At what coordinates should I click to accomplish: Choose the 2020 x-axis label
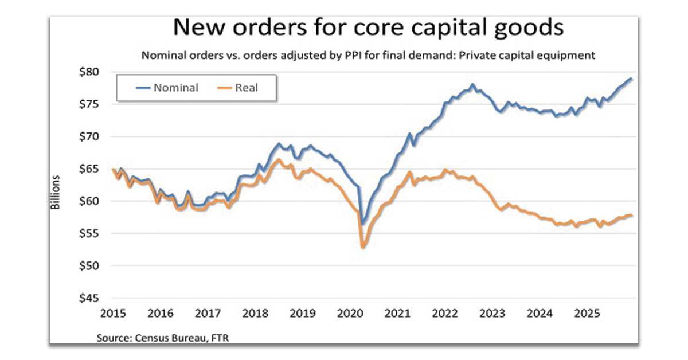pyautogui.click(x=350, y=314)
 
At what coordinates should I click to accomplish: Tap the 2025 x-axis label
pyautogui.click(x=587, y=314)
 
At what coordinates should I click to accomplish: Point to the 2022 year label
pyautogui.click(x=445, y=314)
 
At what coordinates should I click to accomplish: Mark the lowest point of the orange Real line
pyautogui.click(x=363, y=247)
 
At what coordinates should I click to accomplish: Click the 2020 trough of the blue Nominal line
pyautogui.click(x=362, y=224)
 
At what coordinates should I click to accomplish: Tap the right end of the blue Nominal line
pyautogui.click(x=632, y=79)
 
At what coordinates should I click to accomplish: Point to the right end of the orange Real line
pyautogui.click(x=632, y=216)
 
